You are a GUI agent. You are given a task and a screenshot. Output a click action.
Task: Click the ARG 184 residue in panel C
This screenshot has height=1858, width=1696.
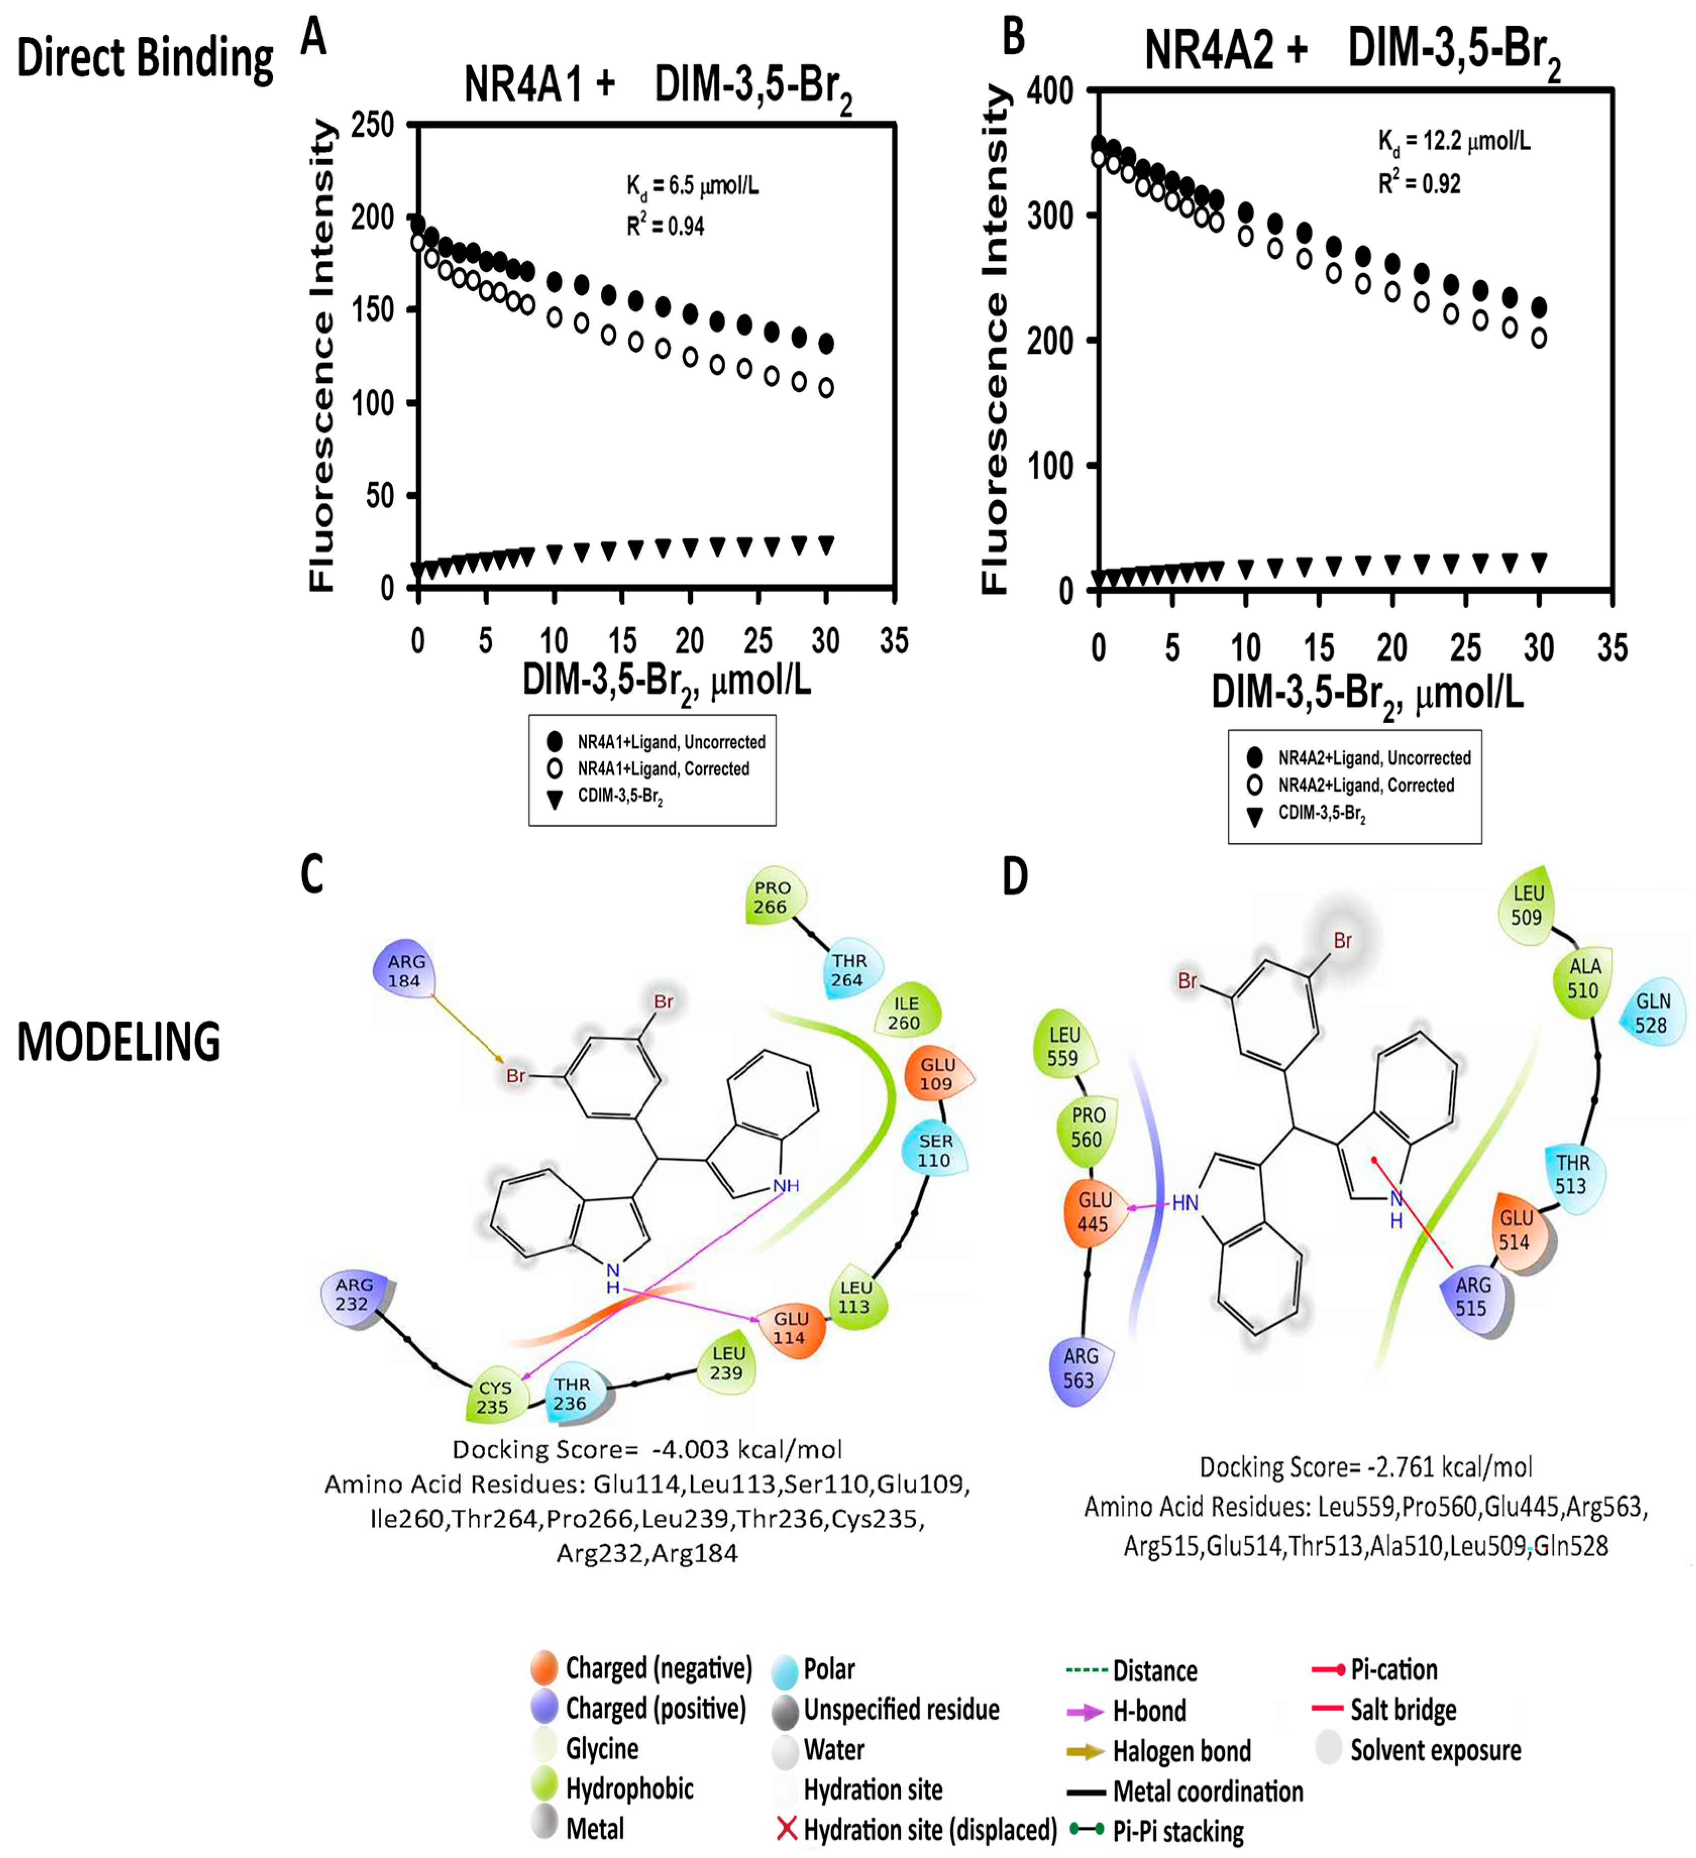pos(405,970)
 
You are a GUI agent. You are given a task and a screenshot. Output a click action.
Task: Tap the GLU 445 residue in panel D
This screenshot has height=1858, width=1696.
pos(1094,1211)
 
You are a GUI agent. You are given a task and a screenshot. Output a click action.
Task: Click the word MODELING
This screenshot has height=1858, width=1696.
pos(119,1042)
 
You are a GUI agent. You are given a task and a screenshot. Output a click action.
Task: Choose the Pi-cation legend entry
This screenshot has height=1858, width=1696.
pos(1393,1669)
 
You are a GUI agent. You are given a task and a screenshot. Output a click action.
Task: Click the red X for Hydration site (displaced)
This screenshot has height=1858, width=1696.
pos(786,1829)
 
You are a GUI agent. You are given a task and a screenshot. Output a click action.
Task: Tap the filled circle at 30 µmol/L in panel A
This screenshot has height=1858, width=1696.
pos(827,343)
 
